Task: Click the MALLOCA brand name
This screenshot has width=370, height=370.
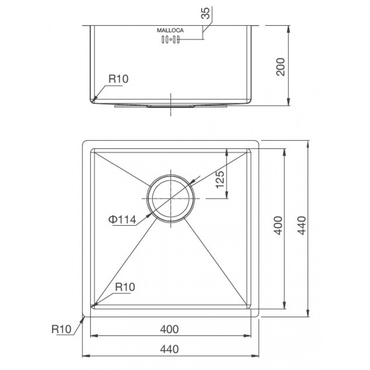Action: (x=170, y=30)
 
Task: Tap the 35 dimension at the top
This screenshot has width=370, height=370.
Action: (x=205, y=13)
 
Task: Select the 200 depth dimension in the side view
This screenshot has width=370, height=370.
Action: (x=281, y=67)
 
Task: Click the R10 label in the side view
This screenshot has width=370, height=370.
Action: (x=118, y=79)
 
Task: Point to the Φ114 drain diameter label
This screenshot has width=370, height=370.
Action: (x=122, y=219)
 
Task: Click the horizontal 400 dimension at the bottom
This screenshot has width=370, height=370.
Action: (x=169, y=329)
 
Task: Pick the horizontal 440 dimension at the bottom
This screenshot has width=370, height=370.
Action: (x=169, y=349)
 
